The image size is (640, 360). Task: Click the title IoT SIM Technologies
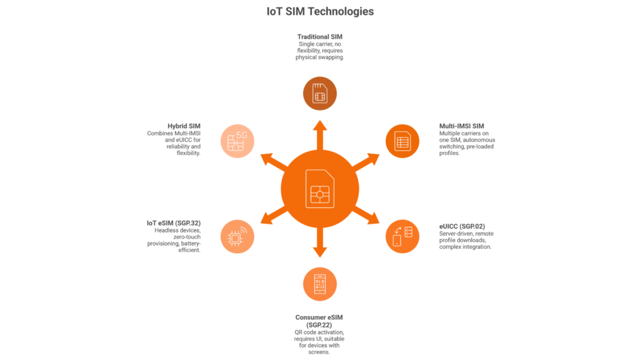tap(320, 12)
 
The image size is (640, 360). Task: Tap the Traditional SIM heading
tap(319, 37)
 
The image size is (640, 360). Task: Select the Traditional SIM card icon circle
tap(320, 94)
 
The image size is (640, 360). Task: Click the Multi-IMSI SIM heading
tap(462, 125)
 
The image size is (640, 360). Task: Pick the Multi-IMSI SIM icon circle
tap(402, 141)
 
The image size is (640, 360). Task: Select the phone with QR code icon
tap(320, 284)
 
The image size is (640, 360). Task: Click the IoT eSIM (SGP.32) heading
tap(173, 222)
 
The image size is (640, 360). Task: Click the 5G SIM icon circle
tap(238, 141)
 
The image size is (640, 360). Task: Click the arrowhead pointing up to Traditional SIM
tap(320, 126)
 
